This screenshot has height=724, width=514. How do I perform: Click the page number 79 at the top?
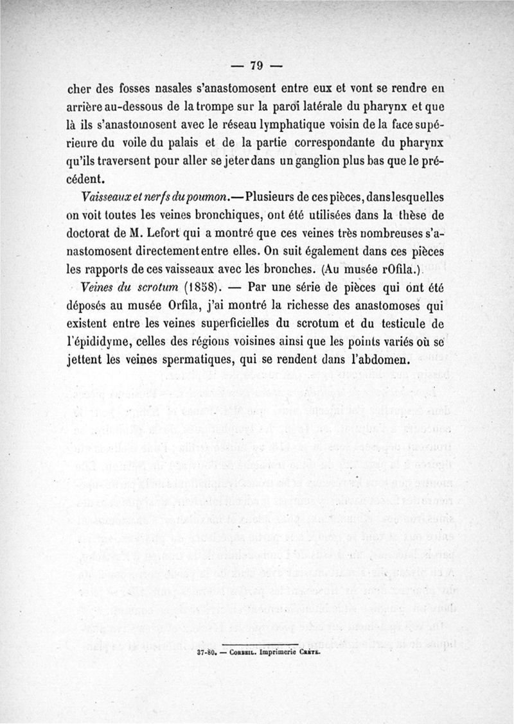click(257, 65)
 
